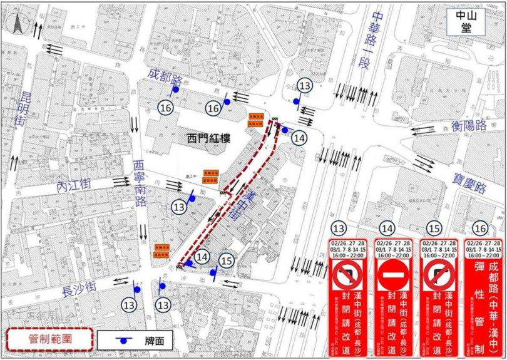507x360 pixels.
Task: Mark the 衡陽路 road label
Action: pyautogui.click(x=469, y=125)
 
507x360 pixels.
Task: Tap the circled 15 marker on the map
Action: pyautogui.click(x=227, y=260)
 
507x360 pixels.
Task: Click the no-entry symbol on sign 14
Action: pyautogui.click(x=390, y=274)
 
